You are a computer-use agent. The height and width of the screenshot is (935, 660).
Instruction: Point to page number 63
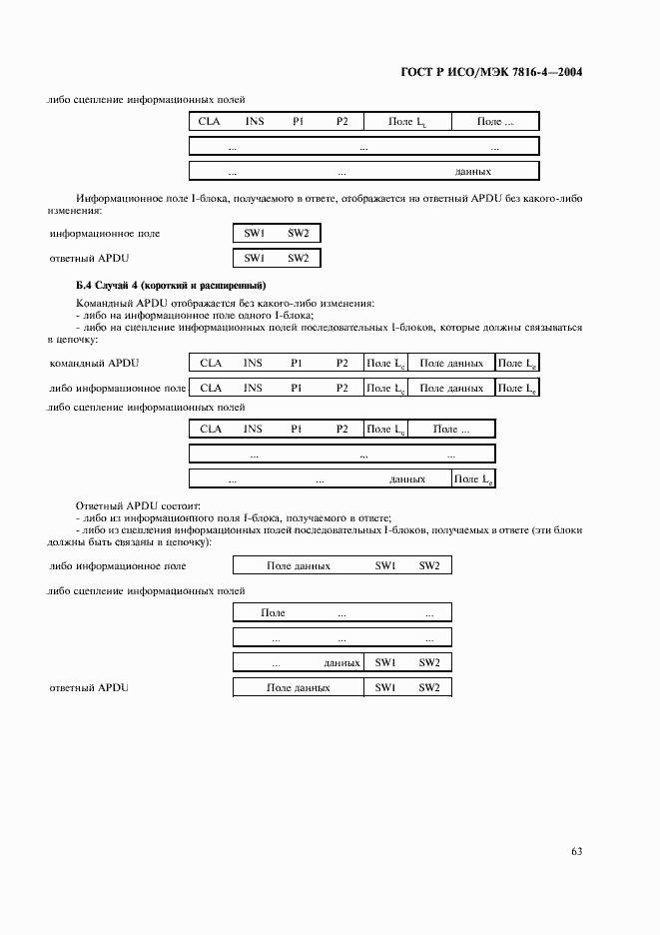[576, 851]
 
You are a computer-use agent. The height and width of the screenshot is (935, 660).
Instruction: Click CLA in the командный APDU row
[211, 363]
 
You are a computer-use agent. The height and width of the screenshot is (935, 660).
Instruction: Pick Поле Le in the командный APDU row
[516, 364]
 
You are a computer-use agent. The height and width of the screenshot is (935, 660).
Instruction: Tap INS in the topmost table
[255, 121]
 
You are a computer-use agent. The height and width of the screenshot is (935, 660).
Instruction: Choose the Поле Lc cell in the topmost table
[408, 122]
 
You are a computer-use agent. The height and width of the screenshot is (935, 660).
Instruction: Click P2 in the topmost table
[341, 121]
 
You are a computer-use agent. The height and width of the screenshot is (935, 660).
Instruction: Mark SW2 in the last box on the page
[429, 688]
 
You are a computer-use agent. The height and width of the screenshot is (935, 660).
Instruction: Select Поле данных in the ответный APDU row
[298, 688]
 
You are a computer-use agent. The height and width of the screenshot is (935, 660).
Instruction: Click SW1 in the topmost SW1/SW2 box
[255, 233]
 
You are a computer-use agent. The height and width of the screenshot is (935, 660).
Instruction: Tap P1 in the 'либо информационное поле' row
[297, 388]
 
